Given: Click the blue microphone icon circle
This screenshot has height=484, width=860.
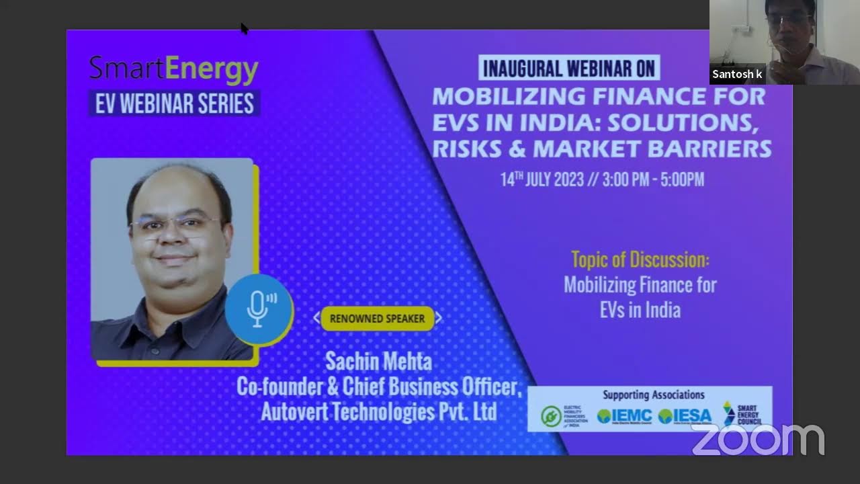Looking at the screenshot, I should pyautogui.click(x=258, y=309).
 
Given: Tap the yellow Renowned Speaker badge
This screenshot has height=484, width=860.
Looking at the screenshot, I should pyautogui.click(x=377, y=319).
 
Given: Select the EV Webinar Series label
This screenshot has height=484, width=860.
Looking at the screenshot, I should pyautogui.click(x=175, y=104).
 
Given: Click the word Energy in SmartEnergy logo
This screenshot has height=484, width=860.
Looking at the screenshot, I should pyautogui.click(x=211, y=69).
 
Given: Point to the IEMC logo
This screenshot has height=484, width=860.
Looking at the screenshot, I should pyautogui.click(x=625, y=416).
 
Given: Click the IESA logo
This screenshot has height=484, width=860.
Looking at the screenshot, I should pyautogui.click(x=685, y=416).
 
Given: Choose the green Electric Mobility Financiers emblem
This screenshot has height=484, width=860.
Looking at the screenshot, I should pyautogui.click(x=552, y=416).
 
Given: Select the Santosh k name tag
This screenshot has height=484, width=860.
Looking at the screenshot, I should pyautogui.click(x=737, y=74).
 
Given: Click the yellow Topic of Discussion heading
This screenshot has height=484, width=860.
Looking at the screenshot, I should pyautogui.click(x=640, y=259).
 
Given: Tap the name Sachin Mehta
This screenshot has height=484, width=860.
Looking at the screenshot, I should pyautogui.click(x=378, y=362).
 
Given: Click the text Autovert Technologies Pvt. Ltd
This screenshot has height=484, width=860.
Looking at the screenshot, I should pyautogui.click(x=378, y=411).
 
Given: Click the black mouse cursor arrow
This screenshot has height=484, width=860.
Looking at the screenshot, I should pyautogui.click(x=244, y=28).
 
